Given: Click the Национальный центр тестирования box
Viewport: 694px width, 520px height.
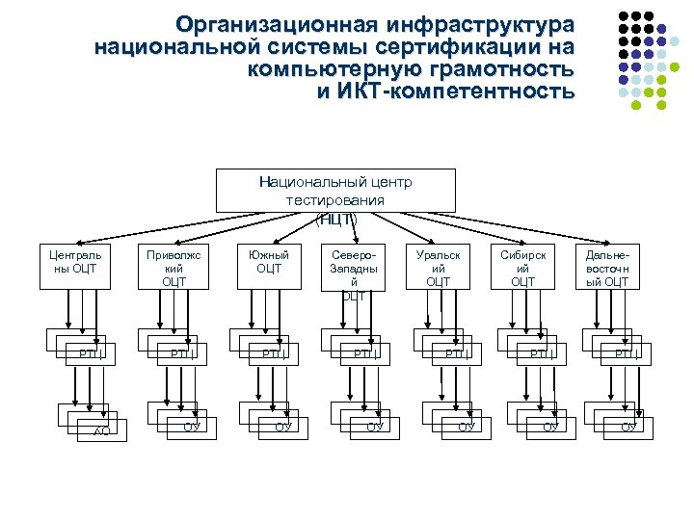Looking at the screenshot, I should coord(334,192).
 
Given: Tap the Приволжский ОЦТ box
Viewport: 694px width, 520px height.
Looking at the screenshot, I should coord(173,269).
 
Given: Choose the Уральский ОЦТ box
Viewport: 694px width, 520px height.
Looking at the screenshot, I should coord(438,269).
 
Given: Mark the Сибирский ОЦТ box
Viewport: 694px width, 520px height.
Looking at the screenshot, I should coord(522,269).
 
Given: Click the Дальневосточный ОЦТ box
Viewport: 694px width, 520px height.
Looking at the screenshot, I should coord(607,269).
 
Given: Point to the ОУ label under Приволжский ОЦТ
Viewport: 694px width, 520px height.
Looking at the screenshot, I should coord(191,426).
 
